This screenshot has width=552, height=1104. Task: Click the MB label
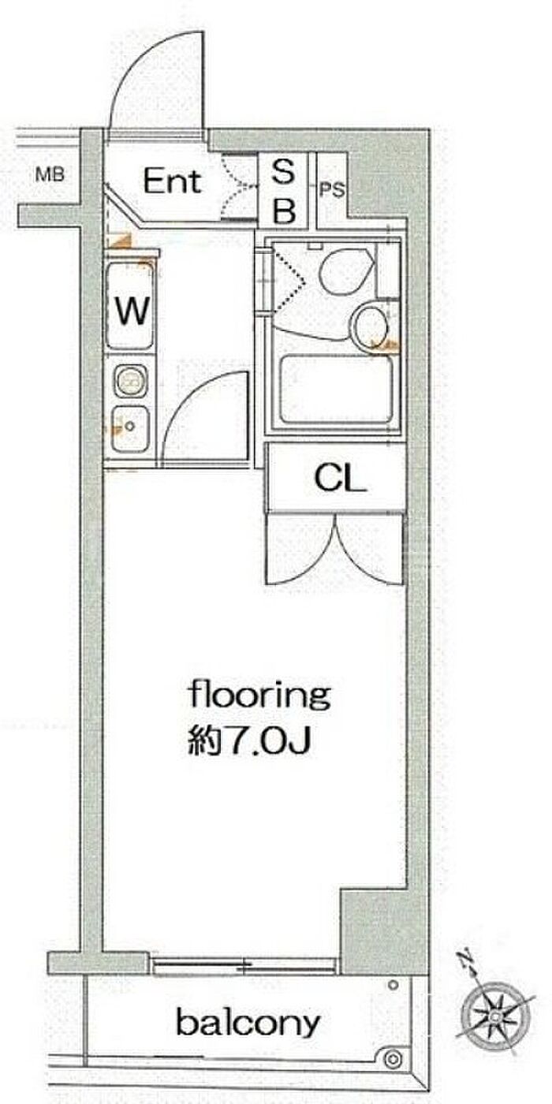pyautogui.click(x=50, y=175)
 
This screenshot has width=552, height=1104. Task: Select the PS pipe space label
pyautogui.click(x=332, y=190)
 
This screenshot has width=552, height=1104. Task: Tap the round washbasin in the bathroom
pyautogui.click(x=370, y=325)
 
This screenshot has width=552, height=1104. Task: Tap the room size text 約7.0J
pyautogui.click(x=249, y=741)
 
